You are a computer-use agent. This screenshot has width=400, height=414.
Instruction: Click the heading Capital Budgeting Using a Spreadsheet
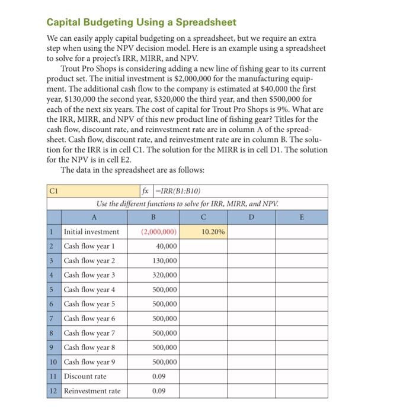pyautogui.click(x=142, y=22)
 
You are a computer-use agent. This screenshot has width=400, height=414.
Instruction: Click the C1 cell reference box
pyautogui.click(x=55, y=190)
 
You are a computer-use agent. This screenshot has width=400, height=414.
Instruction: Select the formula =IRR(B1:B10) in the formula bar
pyautogui.click(x=177, y=190)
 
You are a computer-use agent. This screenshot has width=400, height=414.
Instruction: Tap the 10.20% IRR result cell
pyautogui.click(x=213, y=232)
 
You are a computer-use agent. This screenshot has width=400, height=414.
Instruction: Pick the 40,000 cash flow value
pyautogui.click(x=166, y=246)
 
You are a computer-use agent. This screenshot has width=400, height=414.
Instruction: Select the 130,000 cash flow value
pyautogui.click(x=165, y=261)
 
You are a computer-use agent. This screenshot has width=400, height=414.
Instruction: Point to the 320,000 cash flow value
pyautogui.click(x=165, y=275)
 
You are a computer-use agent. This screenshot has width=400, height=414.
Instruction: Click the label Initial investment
pyautogui.click(x=91, y=232)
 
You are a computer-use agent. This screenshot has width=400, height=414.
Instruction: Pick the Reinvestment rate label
pyautogui.click(x=92, y=391)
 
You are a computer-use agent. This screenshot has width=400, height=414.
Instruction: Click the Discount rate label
pyautogui.click(x=85, y=376)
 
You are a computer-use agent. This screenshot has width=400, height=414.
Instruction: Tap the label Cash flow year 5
pyautogui.click(x=89, y=304)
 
